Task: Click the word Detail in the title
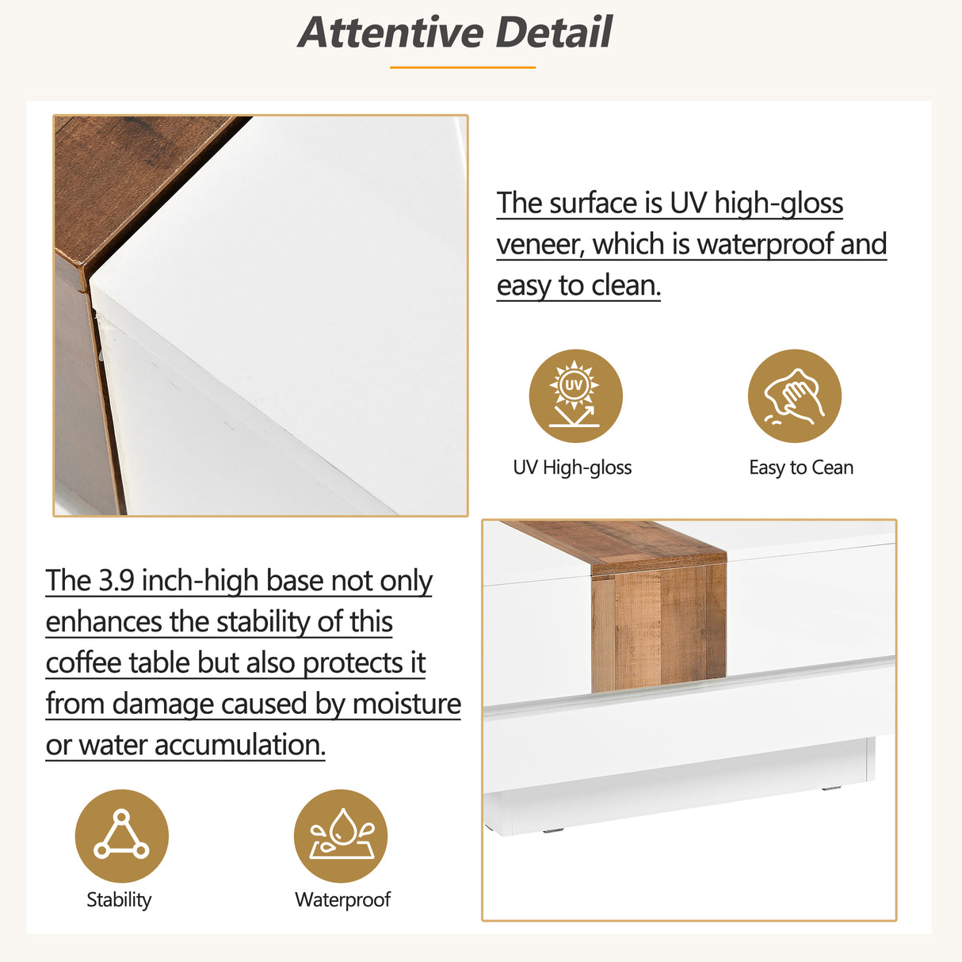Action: (554, 33)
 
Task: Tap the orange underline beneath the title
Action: (462, 67)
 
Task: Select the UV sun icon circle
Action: (575, 396)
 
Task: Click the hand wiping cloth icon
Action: (794, 396)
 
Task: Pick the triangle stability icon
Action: (121, 836)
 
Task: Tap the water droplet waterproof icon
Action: (341, 836)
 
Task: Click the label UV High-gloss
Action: (572, 468)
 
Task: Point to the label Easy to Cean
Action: (801, 468)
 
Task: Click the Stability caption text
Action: (119, 899)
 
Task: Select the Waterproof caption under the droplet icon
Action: (342, 899)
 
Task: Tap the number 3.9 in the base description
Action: (116, 581)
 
